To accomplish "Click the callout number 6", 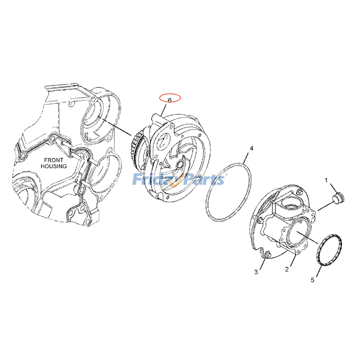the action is (170, 100).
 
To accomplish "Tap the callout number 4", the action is (252, 148).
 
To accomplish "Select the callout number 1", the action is (326, 180).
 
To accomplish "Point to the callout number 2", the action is (287, 269).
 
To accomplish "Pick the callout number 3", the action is (256, 272).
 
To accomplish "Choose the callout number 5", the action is (312, 280).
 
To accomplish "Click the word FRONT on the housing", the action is (54, 160).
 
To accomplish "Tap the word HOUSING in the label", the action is (54, 166).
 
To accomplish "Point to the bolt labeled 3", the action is (268, 255).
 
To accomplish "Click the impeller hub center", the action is (179, 164).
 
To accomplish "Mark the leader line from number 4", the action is (246, 157).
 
